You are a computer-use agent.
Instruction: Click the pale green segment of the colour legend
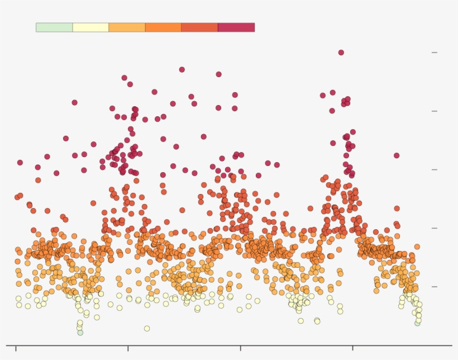pos(54,27)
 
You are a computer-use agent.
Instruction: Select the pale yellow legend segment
pos(90,27)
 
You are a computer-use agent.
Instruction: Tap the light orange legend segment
pos(127,27)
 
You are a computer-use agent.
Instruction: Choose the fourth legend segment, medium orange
pos(163,27)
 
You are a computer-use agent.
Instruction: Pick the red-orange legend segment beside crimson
pos(199,27)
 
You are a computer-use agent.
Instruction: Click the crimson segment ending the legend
pos(236,27)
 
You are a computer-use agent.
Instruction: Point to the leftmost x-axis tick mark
pos(16,348)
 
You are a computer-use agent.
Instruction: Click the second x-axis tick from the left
pos(128,348)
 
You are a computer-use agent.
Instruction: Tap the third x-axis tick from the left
pos(241,348)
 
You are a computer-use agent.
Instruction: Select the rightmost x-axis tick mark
pos(353,348)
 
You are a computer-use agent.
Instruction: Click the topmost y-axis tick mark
pos(434,53)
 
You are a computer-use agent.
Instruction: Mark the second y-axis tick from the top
pos(434,111)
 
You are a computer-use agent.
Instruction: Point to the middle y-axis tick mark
pos(434,169)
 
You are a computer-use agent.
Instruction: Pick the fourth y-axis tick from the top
pos(434,228)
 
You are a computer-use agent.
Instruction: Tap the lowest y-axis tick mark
pos(434,287)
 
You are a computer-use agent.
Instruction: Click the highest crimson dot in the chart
pos(341,53)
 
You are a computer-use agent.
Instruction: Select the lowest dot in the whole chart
pos(80,333)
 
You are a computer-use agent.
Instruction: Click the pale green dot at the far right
pos(418,323)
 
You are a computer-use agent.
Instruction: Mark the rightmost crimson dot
pos(397,155)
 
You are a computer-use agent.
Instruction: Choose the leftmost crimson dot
pos(20,163)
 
